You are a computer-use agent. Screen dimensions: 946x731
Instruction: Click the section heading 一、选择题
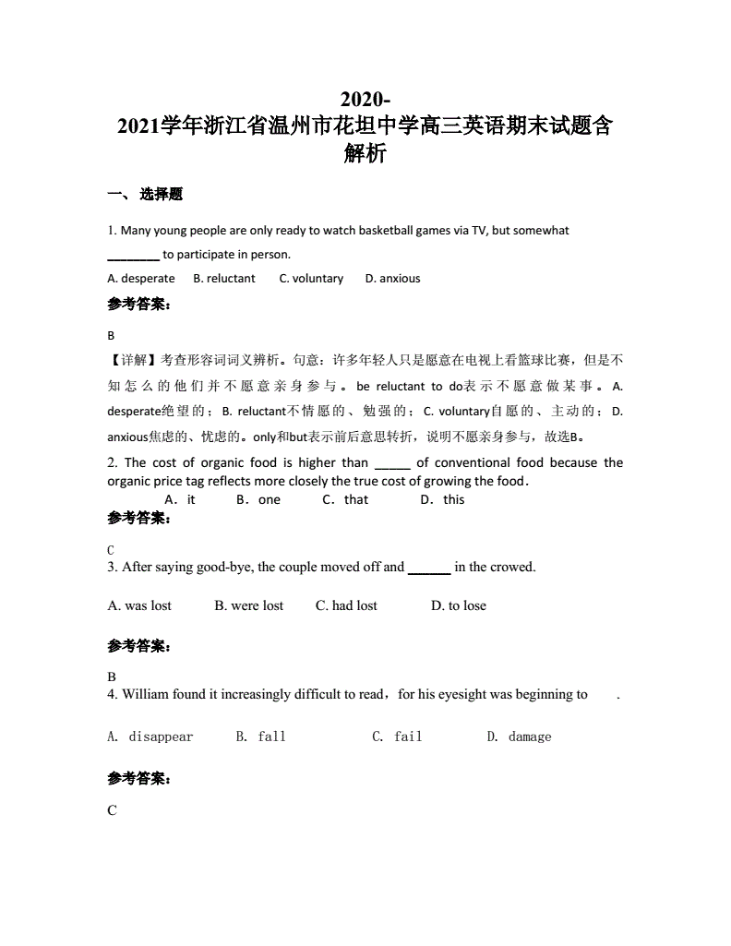click(x=145, y=194)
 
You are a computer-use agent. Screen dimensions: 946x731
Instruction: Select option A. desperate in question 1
click(x=141, y=278)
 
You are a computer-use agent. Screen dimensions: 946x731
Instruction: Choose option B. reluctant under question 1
click(x=224, y=278)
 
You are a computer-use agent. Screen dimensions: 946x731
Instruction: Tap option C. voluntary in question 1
click(x=311, y=278)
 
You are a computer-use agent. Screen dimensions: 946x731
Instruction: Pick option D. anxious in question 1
click(x=392, y=278)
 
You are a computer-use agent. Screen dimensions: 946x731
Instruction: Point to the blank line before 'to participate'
click(x=133, y=255)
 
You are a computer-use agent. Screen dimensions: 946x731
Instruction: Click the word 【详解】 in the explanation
click(x=134, y=359)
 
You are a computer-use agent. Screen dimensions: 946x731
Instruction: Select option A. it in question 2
click(x=180, y=499)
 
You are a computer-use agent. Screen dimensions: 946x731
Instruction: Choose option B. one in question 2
click(x=258, y=499)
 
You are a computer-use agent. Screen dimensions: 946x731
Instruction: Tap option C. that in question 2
click(x=345, y=499)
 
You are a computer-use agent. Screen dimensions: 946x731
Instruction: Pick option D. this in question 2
click(x=443, y=499)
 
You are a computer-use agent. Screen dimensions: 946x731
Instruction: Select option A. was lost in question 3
click(x=139, y=605)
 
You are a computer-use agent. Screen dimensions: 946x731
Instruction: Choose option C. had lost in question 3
click(x=346, y=605)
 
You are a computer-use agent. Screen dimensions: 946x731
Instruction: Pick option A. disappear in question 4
click(x=150, y=736)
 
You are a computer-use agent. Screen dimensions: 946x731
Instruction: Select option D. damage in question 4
click(x=519, y=736)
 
